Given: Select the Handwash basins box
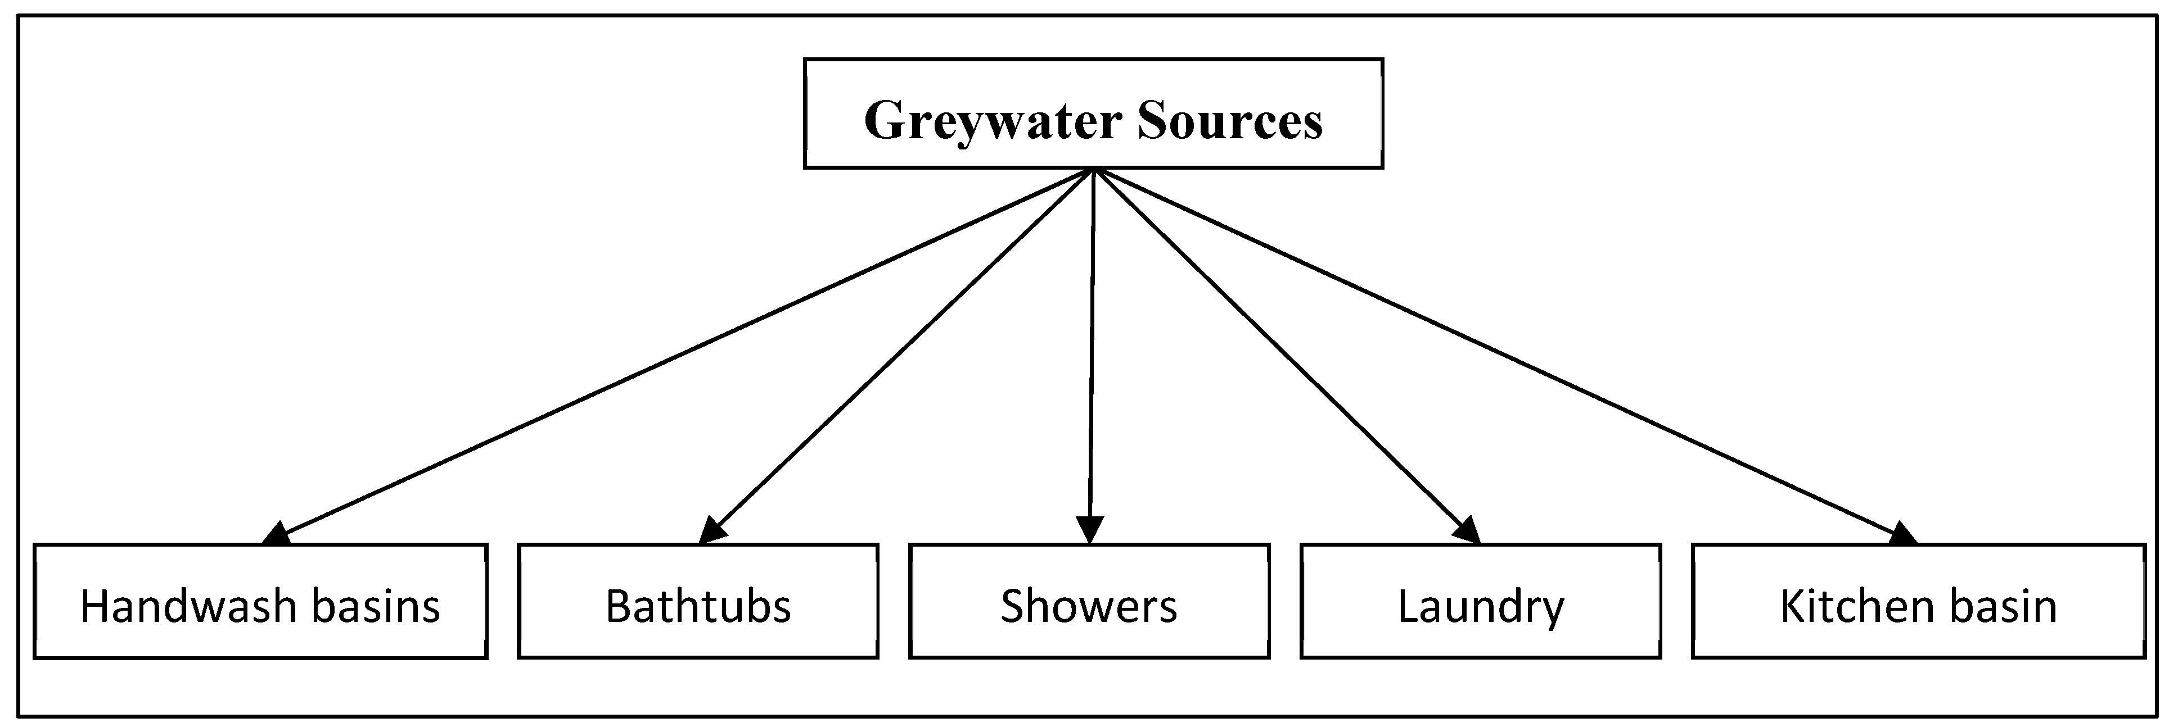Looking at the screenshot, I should pos(260,601).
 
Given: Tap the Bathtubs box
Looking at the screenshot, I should pos(698,601).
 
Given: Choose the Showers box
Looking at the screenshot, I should pos(1089,601).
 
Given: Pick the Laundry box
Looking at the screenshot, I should pos(1480,601).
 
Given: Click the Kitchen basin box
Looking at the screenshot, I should pos(1918,601).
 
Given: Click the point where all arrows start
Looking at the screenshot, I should pos(1093,170).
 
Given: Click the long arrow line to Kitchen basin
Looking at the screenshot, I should pos(1499,353).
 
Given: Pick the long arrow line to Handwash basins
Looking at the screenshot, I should pos(682,353).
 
